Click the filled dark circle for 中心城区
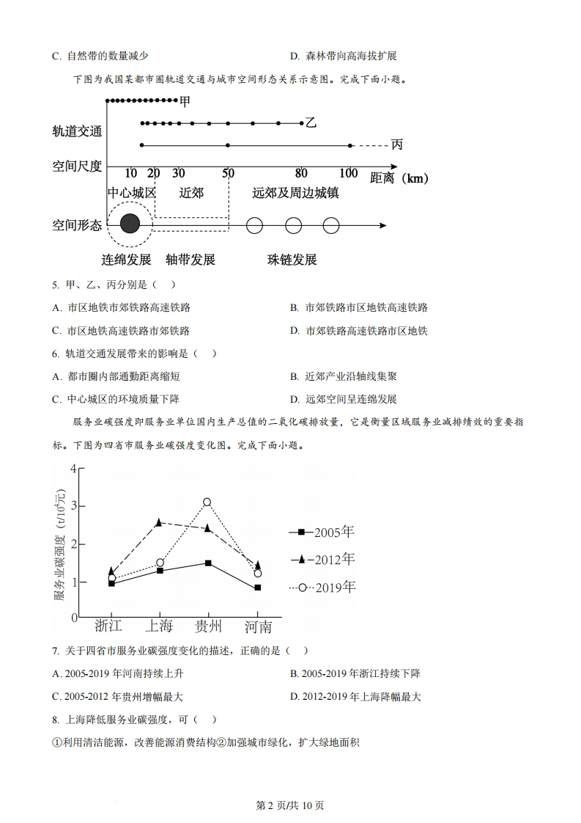click(130, 224)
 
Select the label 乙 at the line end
click(311, 123)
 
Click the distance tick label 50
click(228, 173)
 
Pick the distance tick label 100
click(348, 173)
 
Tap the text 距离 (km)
click(399, 178)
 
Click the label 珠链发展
click(292, 260)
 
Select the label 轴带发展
click(190, 260)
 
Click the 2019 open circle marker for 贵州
click(207, 502)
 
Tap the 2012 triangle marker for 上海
click(159, 522)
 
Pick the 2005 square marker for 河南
click(257, 588)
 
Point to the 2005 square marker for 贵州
click(208, 563)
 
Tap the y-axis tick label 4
click(73, 469)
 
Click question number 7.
click(55, 651)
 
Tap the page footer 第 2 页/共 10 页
click(290, 805)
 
